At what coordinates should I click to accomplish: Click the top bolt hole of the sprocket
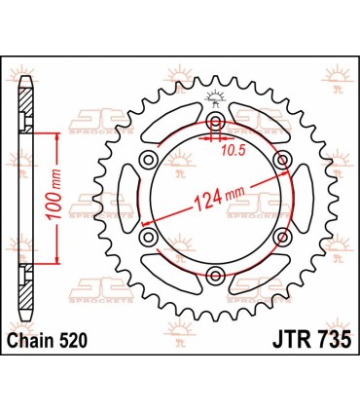tap(215, 122)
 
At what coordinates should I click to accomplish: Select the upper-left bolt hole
tap(149, 160)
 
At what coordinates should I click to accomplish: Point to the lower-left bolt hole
tap(149, 237)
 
